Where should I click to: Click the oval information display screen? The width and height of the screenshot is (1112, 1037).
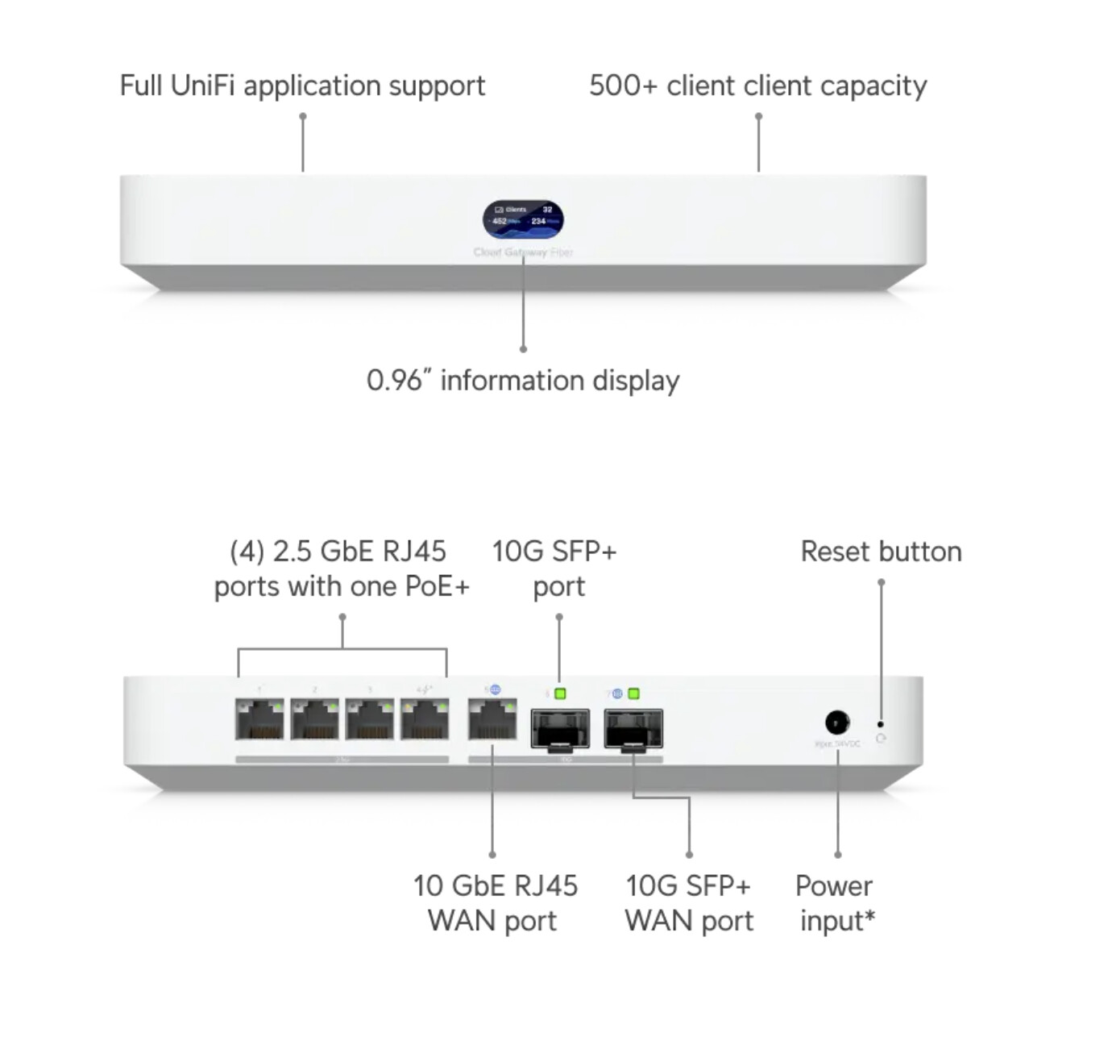523,219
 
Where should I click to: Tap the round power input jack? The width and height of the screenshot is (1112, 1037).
837,722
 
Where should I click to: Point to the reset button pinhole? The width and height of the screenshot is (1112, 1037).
880,724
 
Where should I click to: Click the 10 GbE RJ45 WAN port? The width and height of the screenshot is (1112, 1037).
492,719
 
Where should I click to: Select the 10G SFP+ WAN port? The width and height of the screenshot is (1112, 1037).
633,729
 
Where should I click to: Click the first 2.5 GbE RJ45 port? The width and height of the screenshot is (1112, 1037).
259,719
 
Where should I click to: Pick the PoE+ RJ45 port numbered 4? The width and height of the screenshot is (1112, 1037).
425,719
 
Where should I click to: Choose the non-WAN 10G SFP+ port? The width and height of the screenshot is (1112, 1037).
560,729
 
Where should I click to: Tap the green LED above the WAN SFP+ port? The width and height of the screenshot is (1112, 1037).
633,693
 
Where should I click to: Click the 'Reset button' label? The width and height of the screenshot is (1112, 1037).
881,552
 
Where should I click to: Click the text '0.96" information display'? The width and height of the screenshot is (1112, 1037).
523,381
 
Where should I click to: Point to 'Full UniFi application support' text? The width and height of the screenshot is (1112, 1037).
302,85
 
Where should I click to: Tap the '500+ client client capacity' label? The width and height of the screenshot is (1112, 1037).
757,85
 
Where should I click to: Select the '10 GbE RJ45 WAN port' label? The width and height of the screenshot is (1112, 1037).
494,903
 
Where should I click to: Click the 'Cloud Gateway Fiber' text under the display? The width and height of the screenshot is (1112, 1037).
523,252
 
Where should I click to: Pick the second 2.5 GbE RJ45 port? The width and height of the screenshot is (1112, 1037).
314,719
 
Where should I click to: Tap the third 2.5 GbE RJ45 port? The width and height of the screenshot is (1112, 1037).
370,719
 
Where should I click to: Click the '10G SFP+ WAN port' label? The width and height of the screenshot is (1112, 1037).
689,903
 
